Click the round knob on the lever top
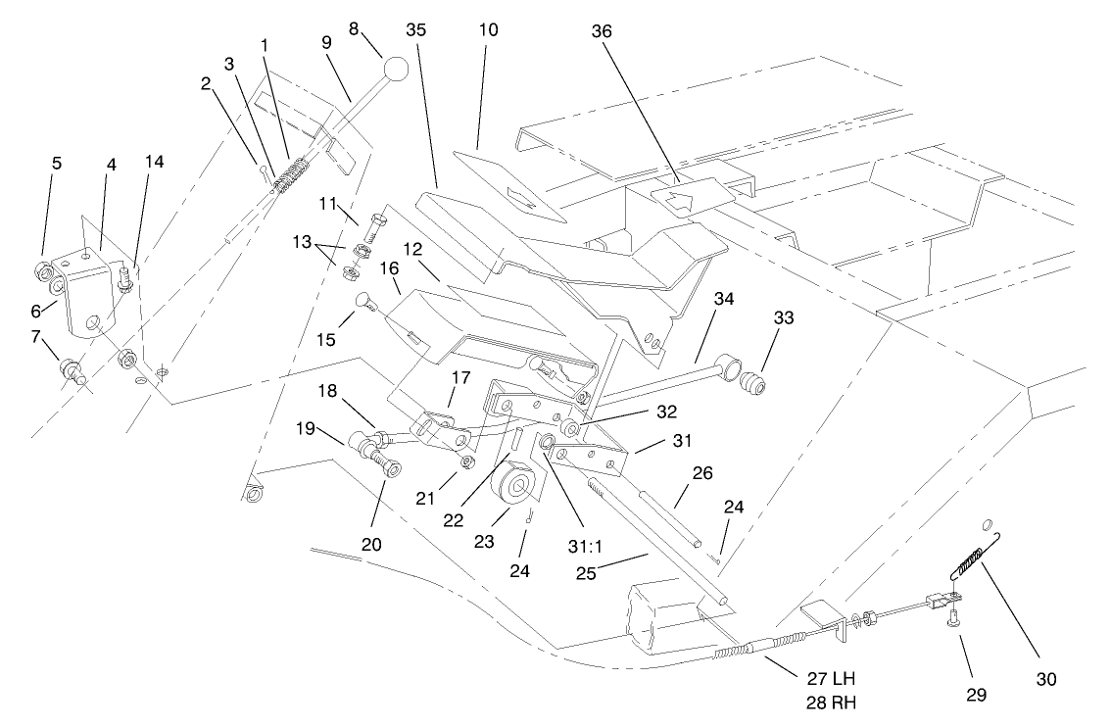click(x=396, y=70)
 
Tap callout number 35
click(x=416, y=29)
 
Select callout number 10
click(x=488, y=29)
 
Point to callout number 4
click(x=111, y=166)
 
